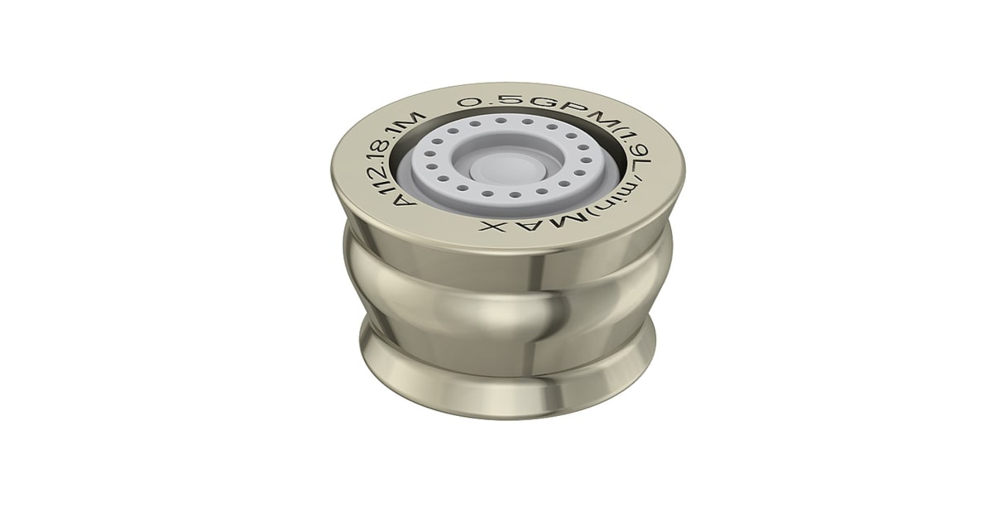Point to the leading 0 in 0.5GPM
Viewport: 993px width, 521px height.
tap(469, 103)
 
